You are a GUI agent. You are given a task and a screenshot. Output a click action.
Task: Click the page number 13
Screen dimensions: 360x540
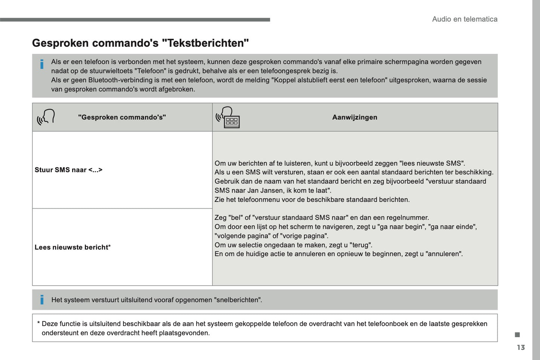pyautogui.click(x=521, y=348)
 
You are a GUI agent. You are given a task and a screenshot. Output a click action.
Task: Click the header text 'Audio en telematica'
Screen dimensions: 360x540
pyautogui.click(x=465, y=19)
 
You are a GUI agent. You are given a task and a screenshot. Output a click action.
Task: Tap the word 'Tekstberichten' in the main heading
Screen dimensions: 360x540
pyautogui.click(x=206, y=43)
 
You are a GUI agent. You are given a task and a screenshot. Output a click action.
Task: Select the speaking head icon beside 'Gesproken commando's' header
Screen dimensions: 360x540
pyautogui.click(x=46, y=117)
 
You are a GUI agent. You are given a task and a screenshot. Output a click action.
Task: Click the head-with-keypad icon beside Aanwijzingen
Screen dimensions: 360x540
pyautogui.click(x=228, y=117)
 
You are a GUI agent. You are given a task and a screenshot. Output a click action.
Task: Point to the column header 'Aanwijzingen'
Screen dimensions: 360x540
pyautogui.click(x=355, y=117)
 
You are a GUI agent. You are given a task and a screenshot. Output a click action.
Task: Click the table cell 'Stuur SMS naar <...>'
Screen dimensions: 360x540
pyautogui.click(x=68, y=170)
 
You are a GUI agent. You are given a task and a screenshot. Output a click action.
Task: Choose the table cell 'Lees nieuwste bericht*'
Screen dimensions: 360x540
pyautogui.click(x=72, y=247)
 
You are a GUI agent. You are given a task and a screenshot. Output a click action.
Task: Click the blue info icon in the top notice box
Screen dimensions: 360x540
pyautogui.click(x=42, y=64)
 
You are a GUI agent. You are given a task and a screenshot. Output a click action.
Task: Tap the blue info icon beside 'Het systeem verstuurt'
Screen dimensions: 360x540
pyautogui.click(x=42, y=300)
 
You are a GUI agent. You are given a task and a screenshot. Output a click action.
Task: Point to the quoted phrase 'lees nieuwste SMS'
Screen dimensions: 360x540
pyautogui.click(x=432, y=163)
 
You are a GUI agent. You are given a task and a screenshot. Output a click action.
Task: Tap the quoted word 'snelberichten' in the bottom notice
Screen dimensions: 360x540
pyautogui.click(x=238, y=300)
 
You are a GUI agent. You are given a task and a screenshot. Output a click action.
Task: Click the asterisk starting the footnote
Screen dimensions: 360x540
pyautogui.click(x=38, y=323)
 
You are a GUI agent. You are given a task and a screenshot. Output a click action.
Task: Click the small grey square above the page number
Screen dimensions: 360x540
pyautogui.click(x=517, y=335)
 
